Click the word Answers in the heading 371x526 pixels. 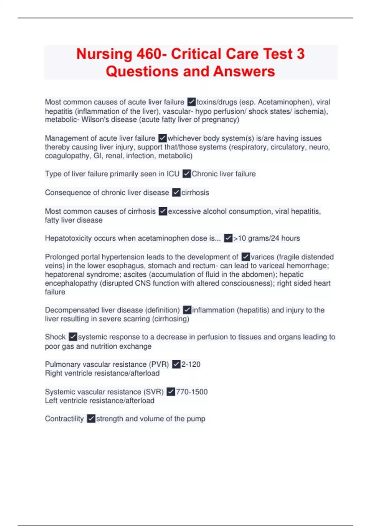click(x=244, y=71)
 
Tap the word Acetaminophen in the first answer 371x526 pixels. click(x=285, y=102)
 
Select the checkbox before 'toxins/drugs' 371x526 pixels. click(x=191, y=102)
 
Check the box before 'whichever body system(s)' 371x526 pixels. click(x=162, y=138)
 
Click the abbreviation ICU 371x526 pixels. click(x=173, y=174)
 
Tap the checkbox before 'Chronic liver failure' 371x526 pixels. click(x=186, y=174)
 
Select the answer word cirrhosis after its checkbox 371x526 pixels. click(x=195, y=192)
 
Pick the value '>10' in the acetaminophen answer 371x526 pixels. click(x=240, y=238)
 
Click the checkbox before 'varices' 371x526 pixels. click(x=245, y=257)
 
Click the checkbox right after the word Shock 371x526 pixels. click(x=73, y=337)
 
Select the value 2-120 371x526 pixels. click(x=191, y=364)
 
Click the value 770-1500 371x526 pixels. click(x=192, y=392)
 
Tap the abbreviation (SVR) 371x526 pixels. click(x=153, y=392)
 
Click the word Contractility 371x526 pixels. click(x=64, y=419)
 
